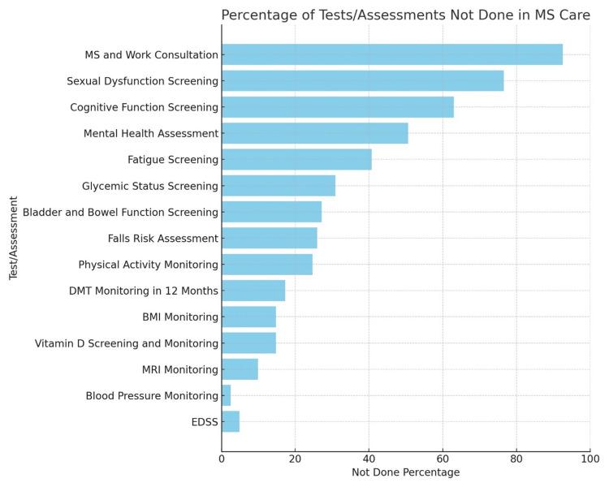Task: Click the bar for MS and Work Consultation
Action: click(x=391, y=54)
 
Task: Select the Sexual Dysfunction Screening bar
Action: click(x=362, y=81)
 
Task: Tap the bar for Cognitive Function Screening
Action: click(x=337, y=107)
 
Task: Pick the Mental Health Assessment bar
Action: click(x=314, y=133)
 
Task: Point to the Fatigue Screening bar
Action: click(x=296, y=159)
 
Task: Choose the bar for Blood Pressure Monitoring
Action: click(x=226, y=395)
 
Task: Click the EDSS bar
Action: click(x=230, y=421)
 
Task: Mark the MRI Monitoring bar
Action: click(x=240, y=369)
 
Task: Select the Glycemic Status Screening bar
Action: click(x=278, y=186)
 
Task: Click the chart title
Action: click(x=405, y=15)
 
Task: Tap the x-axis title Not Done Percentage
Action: click(x=405, y=472)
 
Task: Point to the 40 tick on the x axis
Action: click(x=369, y=459)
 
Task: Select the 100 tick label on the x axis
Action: click(x=590, y=459)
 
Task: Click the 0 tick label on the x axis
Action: click(x=222, y=459)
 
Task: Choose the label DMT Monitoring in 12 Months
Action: click(x=143, y=291)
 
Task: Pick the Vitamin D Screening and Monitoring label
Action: click(x=126, y=343)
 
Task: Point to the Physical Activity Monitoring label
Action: click(x=148, y=265)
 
